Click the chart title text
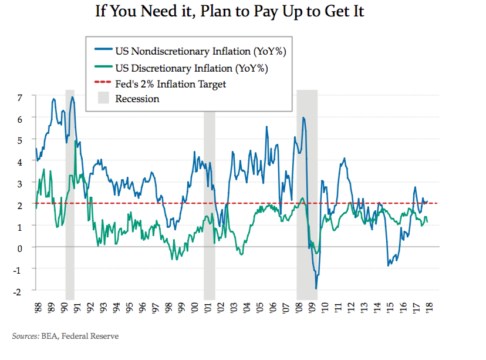[x=230, y=12]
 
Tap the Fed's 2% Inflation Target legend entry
[x=170, y=84]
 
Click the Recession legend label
[x=137, y=99]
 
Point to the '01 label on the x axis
[x=209, y=309]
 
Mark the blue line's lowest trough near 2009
[x=316, y=288]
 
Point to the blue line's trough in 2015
[x=388, y=265]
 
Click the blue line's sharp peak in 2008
[x=303, y=117]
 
